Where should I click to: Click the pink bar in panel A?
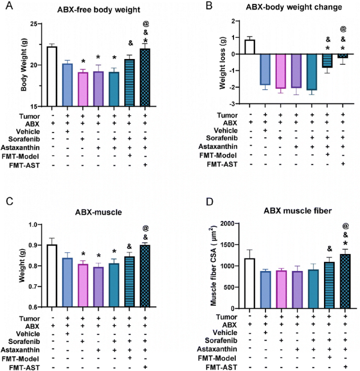point(83,89)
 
